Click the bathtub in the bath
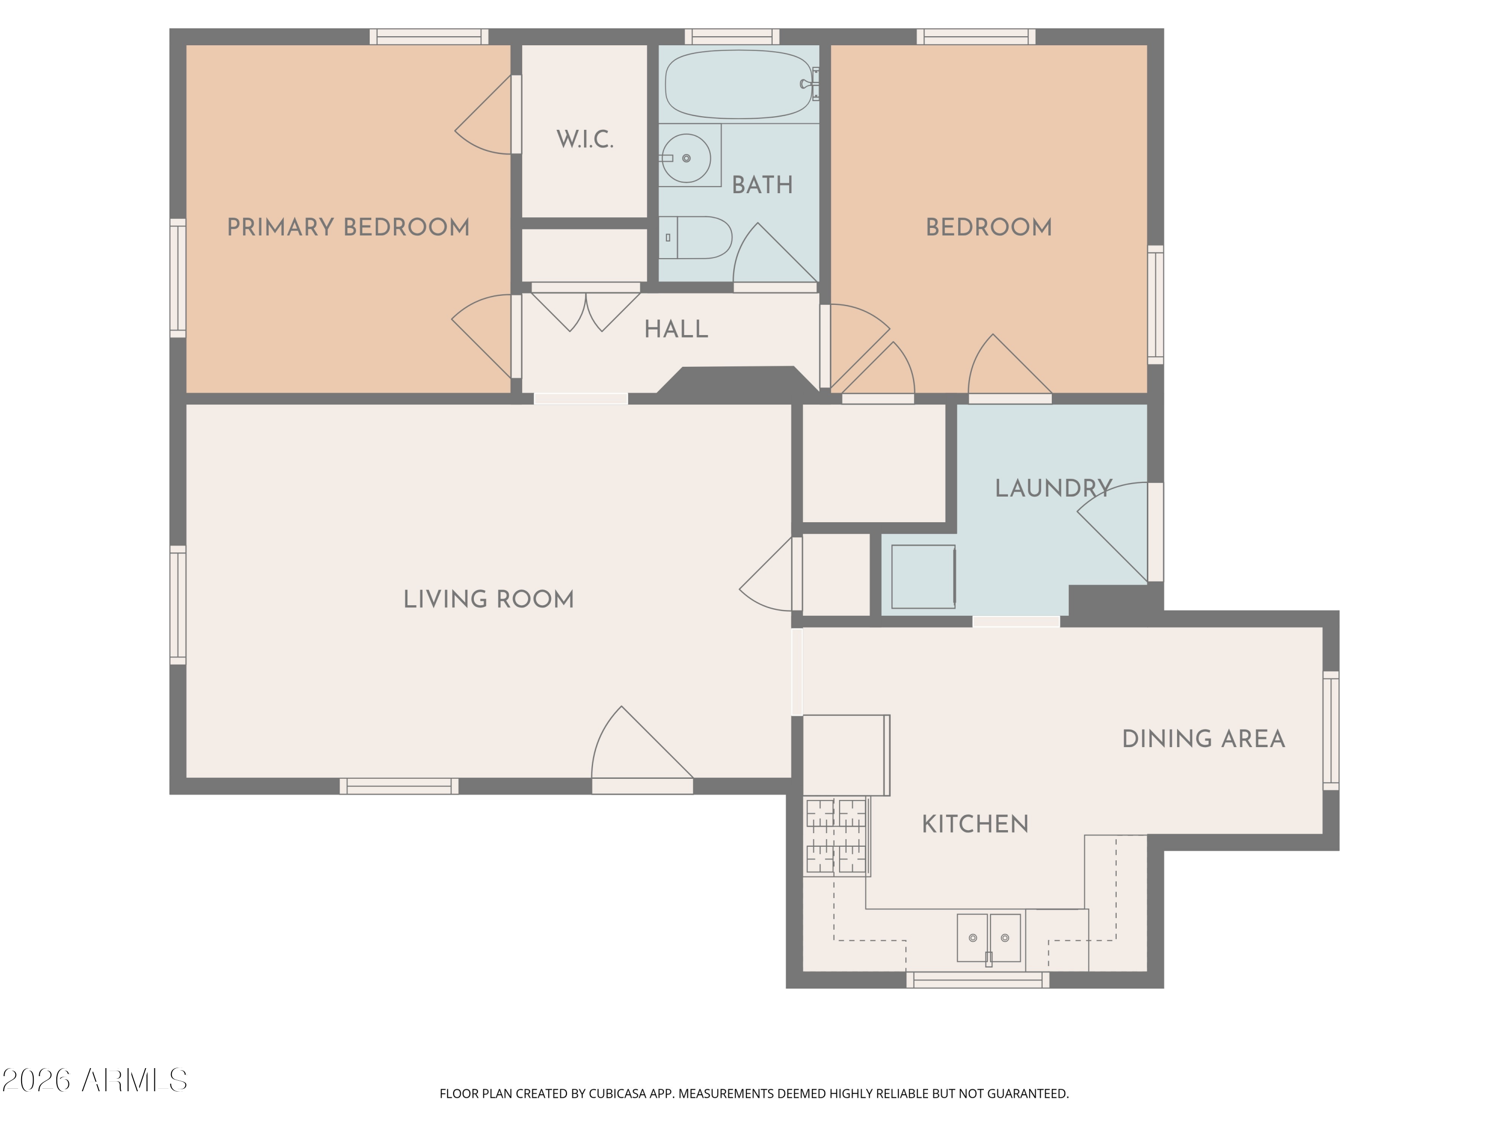click(x=738, y=84)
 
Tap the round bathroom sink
click(x=686, y=158)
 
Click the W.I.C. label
click(x=584, y=139)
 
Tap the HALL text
click(x=676, y=329)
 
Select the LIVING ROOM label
click(x=488, y=599)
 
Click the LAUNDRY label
click(x=1053, y=488)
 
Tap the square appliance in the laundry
click(x=923, y=577)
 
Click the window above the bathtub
click(x=732, y=36)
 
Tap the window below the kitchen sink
click(x=977, y=981)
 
